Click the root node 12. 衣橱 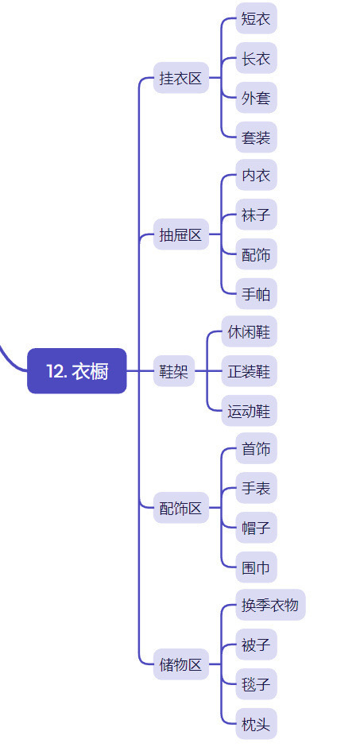pos(77,371)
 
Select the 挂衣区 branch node pos(181,78)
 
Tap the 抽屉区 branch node pos(181,234)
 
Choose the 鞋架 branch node pos(174,371)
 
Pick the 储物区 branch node pos(181,664)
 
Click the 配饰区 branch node pos(181,508)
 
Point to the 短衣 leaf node pos(256,19)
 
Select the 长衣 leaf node pos(256,59)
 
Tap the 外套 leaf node pos(256,98)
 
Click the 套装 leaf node pos(256,137)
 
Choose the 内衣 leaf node pos(256,176)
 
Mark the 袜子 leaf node pos(256,215)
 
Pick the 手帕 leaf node pos(256,293)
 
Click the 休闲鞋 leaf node pos(249,331)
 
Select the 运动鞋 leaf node pos(249,410)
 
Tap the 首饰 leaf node pos(256,448)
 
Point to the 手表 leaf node pos(256,488)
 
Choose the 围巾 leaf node pos(256,567)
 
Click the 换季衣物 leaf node pos(270,605)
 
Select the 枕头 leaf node pos(256,724)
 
